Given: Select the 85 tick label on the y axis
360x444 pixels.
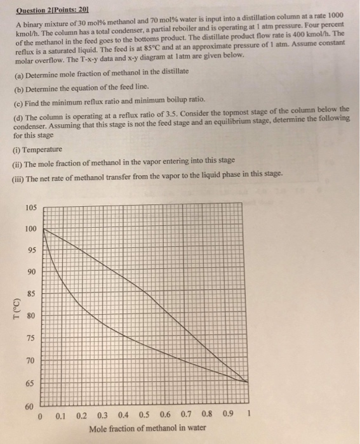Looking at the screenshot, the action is click(32, 294).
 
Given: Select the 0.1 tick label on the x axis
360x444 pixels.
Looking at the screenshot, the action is click(61, 417).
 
